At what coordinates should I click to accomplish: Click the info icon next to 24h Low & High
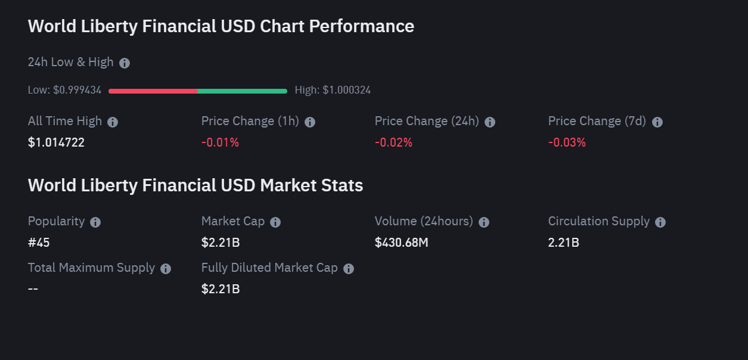click(x=125, y=63)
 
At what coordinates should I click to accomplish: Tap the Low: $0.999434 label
click(x=64, y=91)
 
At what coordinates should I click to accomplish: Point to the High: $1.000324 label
click(x=333, y=91)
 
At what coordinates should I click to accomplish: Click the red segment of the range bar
click(x=153, y=91)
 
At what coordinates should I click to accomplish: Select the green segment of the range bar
click(x=242, y=91)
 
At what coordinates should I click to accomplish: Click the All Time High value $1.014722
click(x=56, y=142)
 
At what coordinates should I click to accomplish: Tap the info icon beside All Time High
click(x=113, y=122)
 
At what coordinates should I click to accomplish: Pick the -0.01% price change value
click(x=220, y=142)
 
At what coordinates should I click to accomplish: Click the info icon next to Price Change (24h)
click(x=490, y=122)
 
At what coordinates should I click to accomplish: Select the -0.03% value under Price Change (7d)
click(x=567, y=142)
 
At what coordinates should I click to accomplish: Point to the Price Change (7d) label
click(x=597, y=122)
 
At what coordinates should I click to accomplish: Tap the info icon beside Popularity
click(x=95, y=222)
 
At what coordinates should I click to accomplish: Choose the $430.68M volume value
click(x=401, y=243)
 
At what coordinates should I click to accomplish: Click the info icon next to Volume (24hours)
click(x=484, y=222)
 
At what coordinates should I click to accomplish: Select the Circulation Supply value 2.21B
click(x=564, y=243)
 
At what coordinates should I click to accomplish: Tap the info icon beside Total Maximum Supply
click(x=166, y=269)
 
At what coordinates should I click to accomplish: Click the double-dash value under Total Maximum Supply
click(x=33, y=289)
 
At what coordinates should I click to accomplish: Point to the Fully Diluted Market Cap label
click(x=269, y=268)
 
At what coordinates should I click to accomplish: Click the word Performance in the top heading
click(x=361, y=26)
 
